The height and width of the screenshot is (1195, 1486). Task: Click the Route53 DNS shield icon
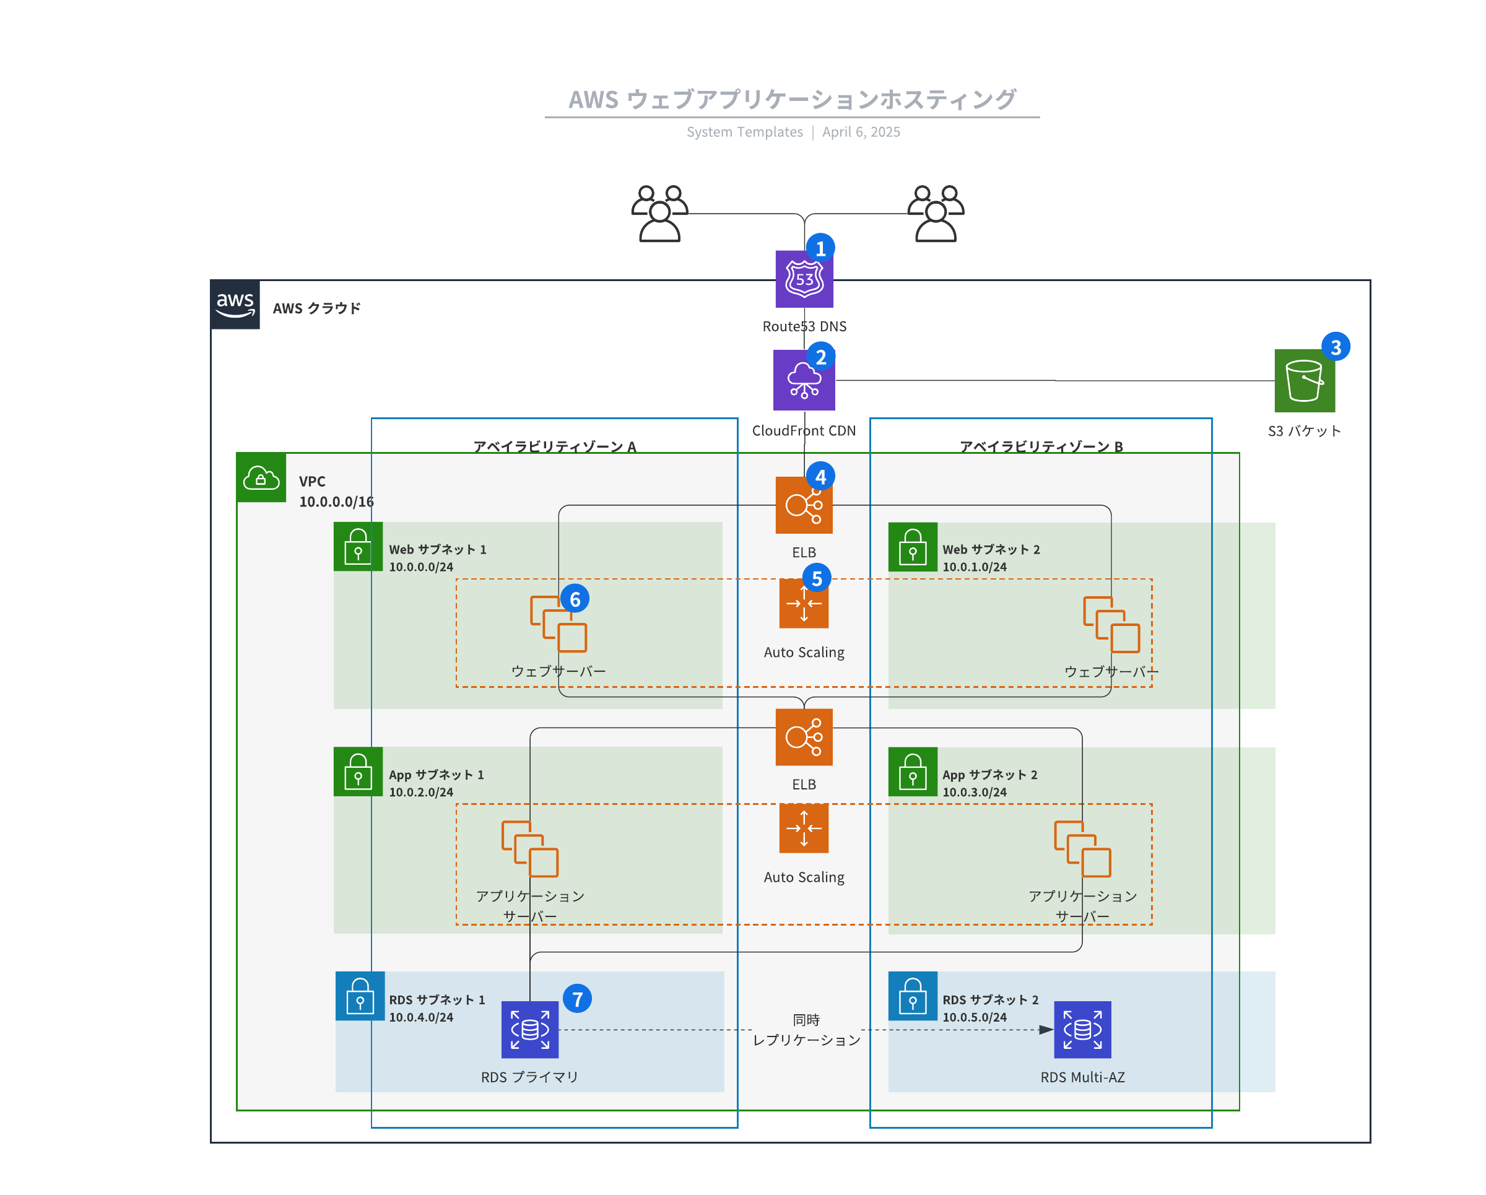(x=804, y=280)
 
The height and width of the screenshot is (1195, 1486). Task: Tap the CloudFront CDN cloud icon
(x=804, y=380)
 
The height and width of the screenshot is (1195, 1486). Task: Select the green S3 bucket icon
(x=1304, y=380)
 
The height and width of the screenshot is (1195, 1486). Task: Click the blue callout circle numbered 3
(x=1335, y=347)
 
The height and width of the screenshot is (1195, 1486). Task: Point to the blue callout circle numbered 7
(x=577, y=999)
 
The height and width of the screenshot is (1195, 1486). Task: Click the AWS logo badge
(x=235, y=305)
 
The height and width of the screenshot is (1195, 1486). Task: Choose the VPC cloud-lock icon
(x=261, y=477)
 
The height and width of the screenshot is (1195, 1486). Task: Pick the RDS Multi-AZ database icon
(x=1082, y=1030)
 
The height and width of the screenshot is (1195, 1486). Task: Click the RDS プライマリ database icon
(x=529, y=1030)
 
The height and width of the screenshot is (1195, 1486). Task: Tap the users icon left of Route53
(x=659, y=214)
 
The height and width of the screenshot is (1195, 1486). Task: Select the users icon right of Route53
(x=936, y=214)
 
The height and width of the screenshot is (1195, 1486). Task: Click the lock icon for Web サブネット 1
(x=358, y=547)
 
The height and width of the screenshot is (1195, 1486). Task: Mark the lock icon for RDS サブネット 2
(x=913, y=996)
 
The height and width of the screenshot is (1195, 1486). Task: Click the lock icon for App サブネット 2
(x=913, y=772)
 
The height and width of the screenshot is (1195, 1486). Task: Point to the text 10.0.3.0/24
(x=975, y=793)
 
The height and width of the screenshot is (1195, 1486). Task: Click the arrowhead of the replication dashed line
(x=1046, y=1030)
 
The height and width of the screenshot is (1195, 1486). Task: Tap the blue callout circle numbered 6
(x=575, y=599)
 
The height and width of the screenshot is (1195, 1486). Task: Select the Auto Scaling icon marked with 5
(x=804, y=604)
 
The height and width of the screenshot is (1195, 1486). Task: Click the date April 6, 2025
(x=861, y=133)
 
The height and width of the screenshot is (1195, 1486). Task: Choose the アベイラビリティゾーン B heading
(x=1041, y=446)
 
